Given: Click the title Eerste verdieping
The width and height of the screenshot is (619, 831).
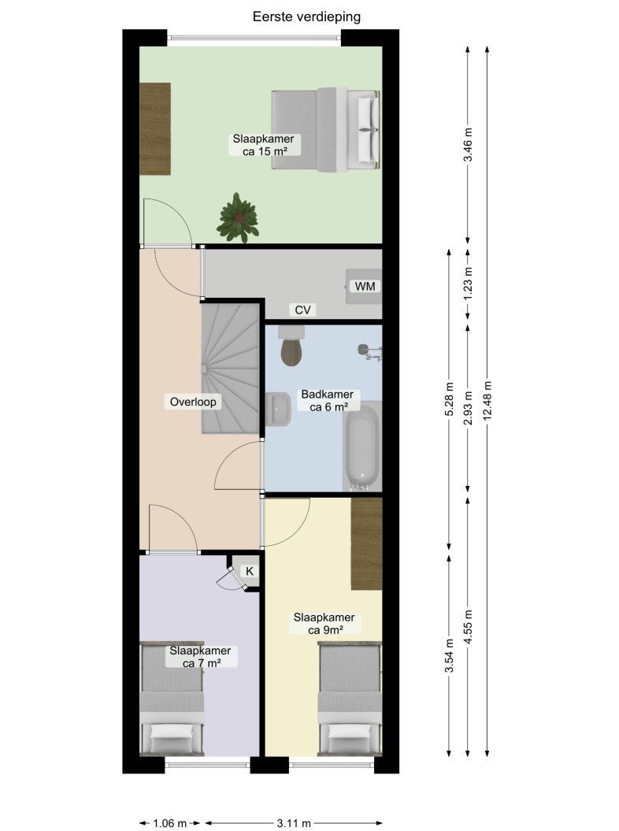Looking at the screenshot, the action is coord(306,17).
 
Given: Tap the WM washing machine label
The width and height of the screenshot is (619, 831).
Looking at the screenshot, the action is coord(365,286).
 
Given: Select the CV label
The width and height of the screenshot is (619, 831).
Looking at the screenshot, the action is coord(302,310).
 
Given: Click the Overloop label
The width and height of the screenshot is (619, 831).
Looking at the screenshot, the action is coord(193,402).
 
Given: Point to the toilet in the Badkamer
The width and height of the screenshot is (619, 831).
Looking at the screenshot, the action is coord(291,346).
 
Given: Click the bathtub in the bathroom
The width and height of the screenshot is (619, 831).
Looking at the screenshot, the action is coord(362,447).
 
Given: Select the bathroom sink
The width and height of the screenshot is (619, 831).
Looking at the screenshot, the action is coord(278,409).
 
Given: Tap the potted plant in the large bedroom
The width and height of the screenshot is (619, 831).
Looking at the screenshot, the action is coord(238,217).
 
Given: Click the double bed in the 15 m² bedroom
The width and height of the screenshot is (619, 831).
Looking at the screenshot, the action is coord(326,129).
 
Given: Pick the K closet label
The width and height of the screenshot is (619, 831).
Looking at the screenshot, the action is coord(250,571).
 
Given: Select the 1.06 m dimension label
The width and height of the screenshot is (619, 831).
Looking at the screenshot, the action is coord(169,823).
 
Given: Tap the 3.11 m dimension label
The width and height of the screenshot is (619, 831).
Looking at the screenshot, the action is coord(294,823).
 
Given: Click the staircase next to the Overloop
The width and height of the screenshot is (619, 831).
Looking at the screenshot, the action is coord(230,369).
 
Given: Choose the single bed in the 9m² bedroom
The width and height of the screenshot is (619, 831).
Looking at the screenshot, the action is coord(350,699).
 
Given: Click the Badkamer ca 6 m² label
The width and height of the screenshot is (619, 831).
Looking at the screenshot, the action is coord(328,401).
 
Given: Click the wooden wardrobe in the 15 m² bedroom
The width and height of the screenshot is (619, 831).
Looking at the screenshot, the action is coord(154,128).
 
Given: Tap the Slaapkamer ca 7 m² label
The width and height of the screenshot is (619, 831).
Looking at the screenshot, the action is coord(200,657).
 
